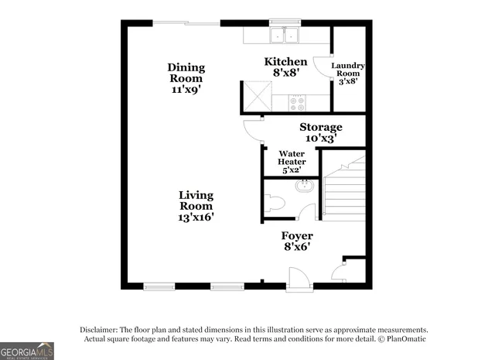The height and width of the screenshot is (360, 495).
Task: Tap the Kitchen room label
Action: click(x=285, y=62)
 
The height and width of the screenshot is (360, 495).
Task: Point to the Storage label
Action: click(x=321, y=127)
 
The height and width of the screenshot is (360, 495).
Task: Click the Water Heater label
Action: click(x=292, y=157)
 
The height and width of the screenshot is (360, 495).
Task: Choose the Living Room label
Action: click(x=196, y=201)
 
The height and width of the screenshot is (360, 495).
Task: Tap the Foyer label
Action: click(x=297, y=235)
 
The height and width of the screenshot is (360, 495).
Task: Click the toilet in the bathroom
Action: click(x=275, y=203)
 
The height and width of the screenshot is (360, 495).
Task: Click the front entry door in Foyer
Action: click(x=297, y=277)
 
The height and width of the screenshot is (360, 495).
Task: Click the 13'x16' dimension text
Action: click(x=196, y=218)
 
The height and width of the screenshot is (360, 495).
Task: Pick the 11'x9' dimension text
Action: click(x=186, y=90)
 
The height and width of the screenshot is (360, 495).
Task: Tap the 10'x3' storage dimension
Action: click(x=321, y=139)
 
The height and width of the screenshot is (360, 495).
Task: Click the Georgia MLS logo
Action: click(x=27, y=351)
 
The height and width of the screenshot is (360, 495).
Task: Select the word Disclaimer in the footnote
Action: click(x=101, y=329)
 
